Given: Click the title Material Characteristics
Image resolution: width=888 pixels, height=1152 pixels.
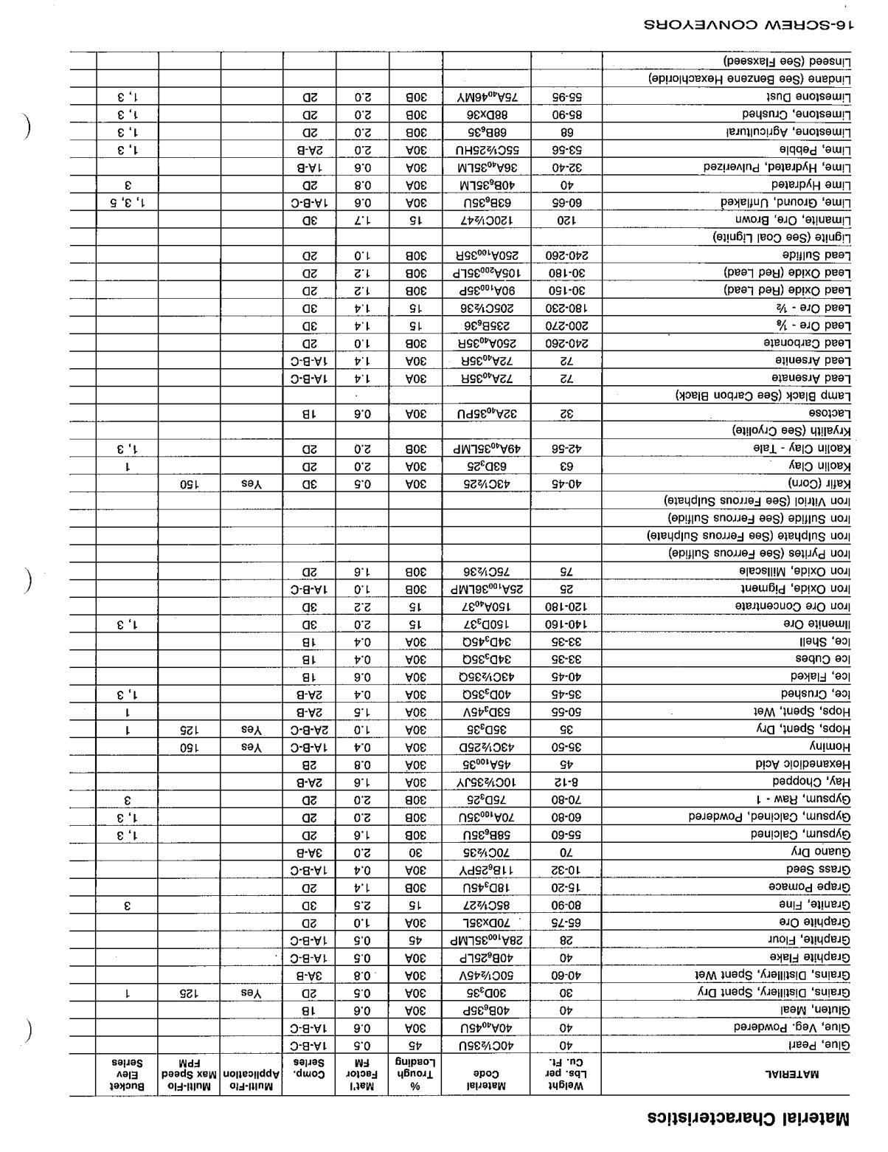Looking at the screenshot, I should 749,1119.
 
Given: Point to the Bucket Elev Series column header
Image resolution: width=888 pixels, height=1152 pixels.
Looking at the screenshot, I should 127,1075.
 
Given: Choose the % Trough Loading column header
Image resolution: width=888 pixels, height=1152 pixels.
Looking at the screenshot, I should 416,1075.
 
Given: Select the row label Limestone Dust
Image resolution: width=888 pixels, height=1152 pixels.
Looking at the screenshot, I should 808,97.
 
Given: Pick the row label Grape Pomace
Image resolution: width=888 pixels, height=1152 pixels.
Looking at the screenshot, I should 810,886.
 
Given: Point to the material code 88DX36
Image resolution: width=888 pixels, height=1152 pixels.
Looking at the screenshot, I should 486,114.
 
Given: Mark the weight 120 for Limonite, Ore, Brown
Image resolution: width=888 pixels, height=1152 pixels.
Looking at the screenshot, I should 566,220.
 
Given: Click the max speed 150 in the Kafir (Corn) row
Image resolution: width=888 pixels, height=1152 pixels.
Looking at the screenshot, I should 190,483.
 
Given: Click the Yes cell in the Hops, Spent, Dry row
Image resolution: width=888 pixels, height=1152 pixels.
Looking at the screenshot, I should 252,728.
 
